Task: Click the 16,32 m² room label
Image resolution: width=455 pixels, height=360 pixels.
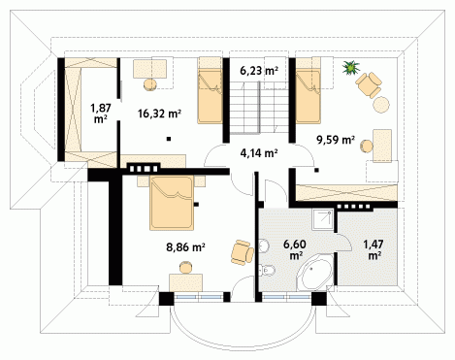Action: click(159, 114)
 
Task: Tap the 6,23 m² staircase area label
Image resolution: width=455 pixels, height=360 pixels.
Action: click(259, 70)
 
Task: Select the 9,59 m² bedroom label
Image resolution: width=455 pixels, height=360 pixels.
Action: click(336, 140)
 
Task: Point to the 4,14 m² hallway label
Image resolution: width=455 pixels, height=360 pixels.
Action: click(259, 152)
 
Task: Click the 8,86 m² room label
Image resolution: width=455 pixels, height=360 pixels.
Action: click(185, 247)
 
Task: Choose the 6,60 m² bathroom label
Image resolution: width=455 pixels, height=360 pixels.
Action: click(295, 249)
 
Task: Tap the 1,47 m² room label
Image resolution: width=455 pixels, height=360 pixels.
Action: click(374, 249)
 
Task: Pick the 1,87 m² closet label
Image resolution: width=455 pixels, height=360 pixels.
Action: click(101, 114)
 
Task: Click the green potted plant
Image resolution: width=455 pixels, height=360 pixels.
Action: click(351, 68)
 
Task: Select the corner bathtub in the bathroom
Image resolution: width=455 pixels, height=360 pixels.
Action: click(315, 272)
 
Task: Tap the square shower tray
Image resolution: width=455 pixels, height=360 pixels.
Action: click(322, 219)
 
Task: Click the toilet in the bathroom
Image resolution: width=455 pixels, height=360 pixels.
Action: click(267, 270)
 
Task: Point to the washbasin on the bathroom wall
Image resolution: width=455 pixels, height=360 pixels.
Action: click(264, 245)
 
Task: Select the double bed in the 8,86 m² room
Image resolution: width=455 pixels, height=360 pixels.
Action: click(172, 203)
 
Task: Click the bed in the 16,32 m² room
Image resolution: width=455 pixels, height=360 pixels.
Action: click(210, 90)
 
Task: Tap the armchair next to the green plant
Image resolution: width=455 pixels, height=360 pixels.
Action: click(369, 84)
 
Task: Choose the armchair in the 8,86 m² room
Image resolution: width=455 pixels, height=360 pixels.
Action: click(243, 252)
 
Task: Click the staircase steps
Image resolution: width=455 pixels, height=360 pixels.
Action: click(259, 108)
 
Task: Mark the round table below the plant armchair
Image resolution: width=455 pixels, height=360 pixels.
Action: click(381, 105)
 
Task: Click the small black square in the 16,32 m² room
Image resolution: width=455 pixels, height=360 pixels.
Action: click(169, 139)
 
